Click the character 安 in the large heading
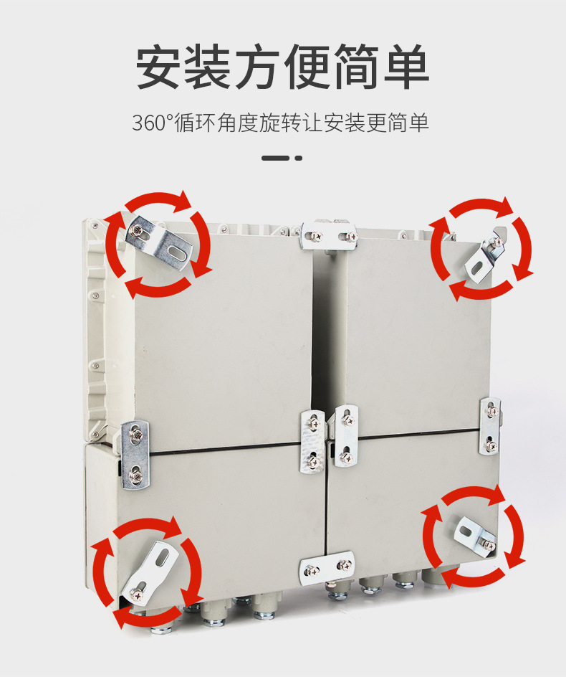160,67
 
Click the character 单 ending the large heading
405,67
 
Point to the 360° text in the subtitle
153,123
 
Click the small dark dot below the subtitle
299,158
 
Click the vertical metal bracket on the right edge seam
490,427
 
